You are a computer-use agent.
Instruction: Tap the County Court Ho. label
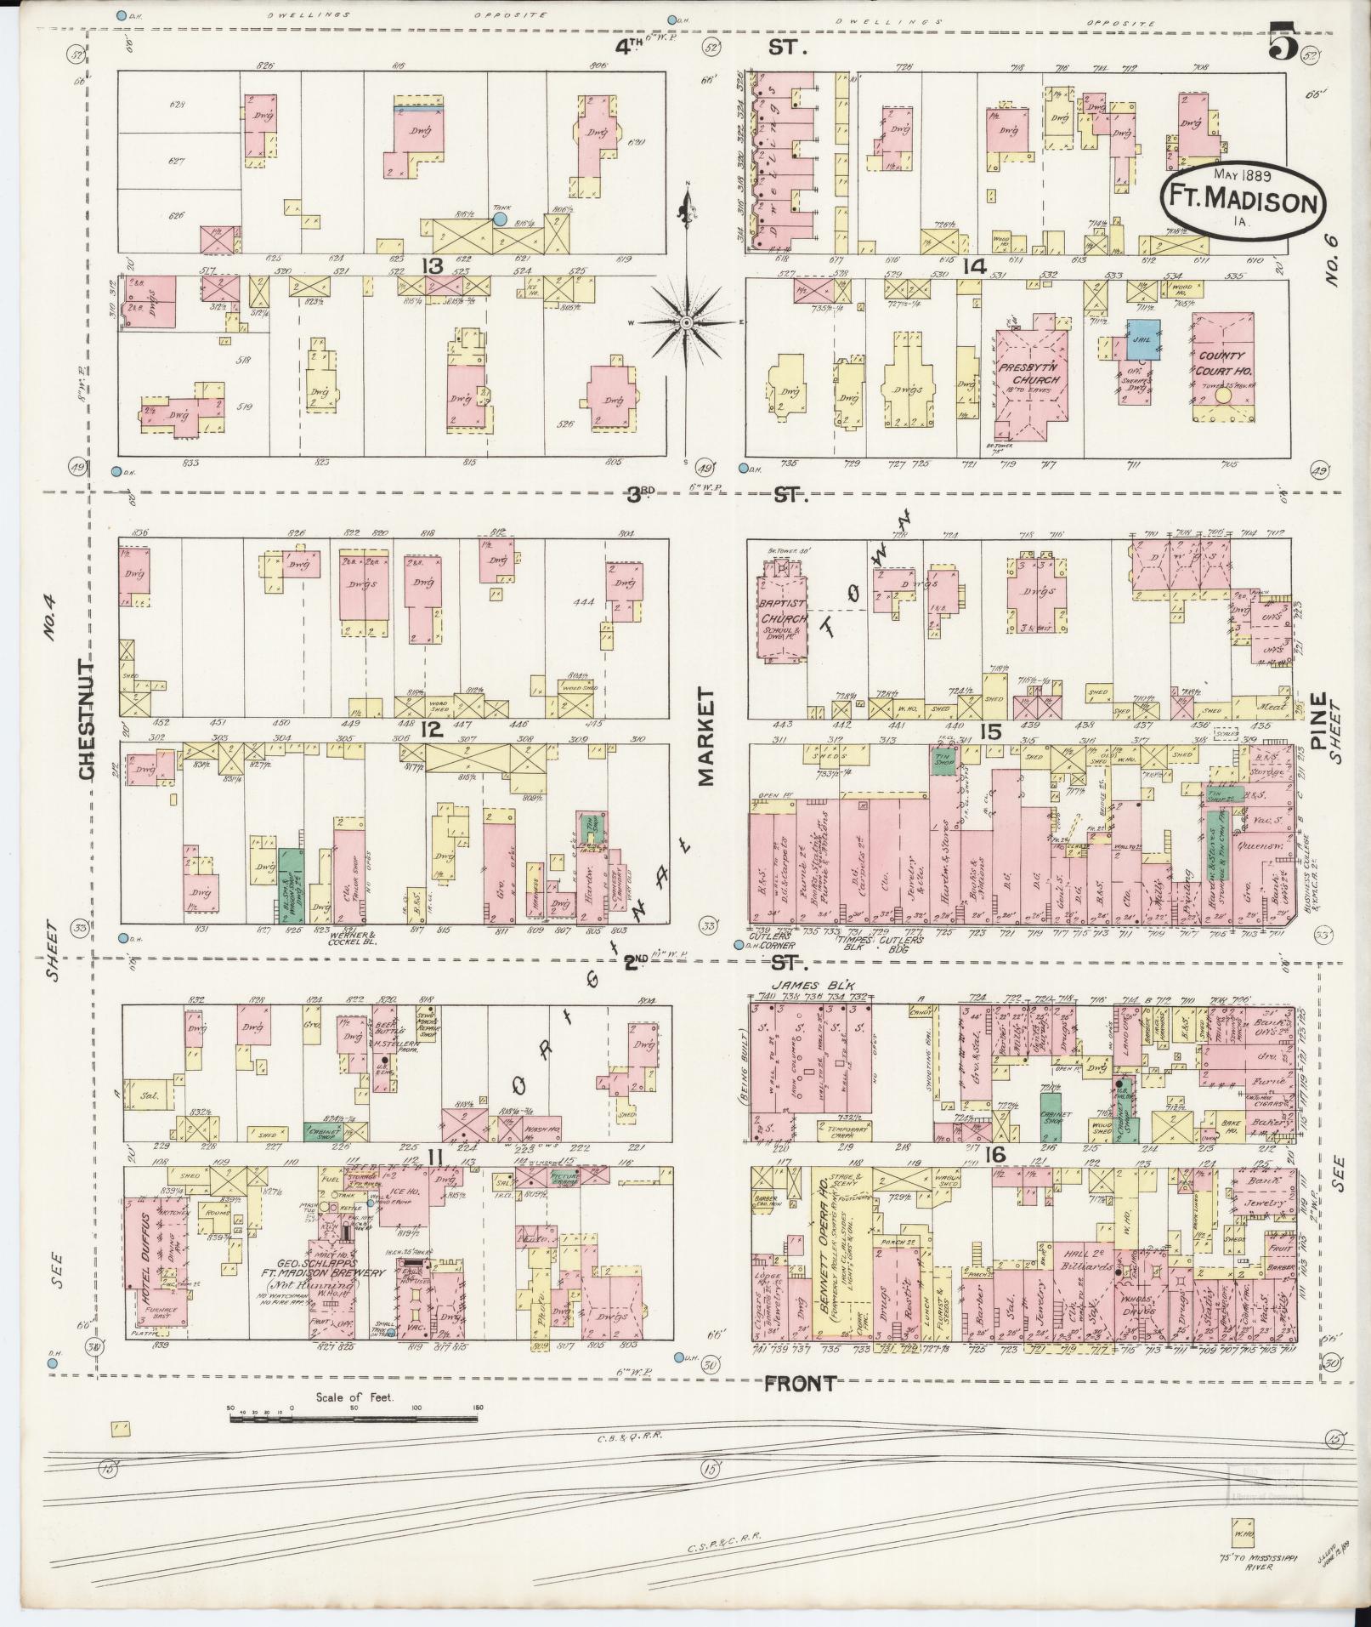(1222, 362)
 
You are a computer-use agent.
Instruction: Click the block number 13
(433, 266)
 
